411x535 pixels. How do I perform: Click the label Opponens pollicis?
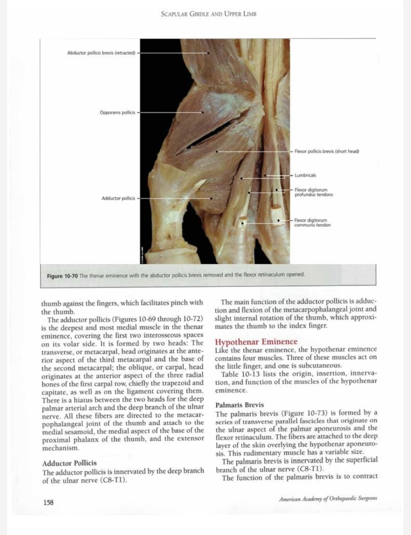point(117,112)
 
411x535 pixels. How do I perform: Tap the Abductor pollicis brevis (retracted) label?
point(101,53)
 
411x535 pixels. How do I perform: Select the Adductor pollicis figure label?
point(118,199)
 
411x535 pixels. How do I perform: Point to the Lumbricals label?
point(306,176)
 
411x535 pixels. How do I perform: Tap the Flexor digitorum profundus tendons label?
point(314,192)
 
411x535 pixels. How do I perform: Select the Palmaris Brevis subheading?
point(240,405)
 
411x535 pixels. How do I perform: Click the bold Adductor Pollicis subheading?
point(69,463)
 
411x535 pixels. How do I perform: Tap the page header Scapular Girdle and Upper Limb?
point(208,15)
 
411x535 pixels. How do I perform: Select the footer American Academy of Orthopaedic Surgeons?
point(328,499)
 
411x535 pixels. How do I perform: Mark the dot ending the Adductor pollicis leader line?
point(211,199)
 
